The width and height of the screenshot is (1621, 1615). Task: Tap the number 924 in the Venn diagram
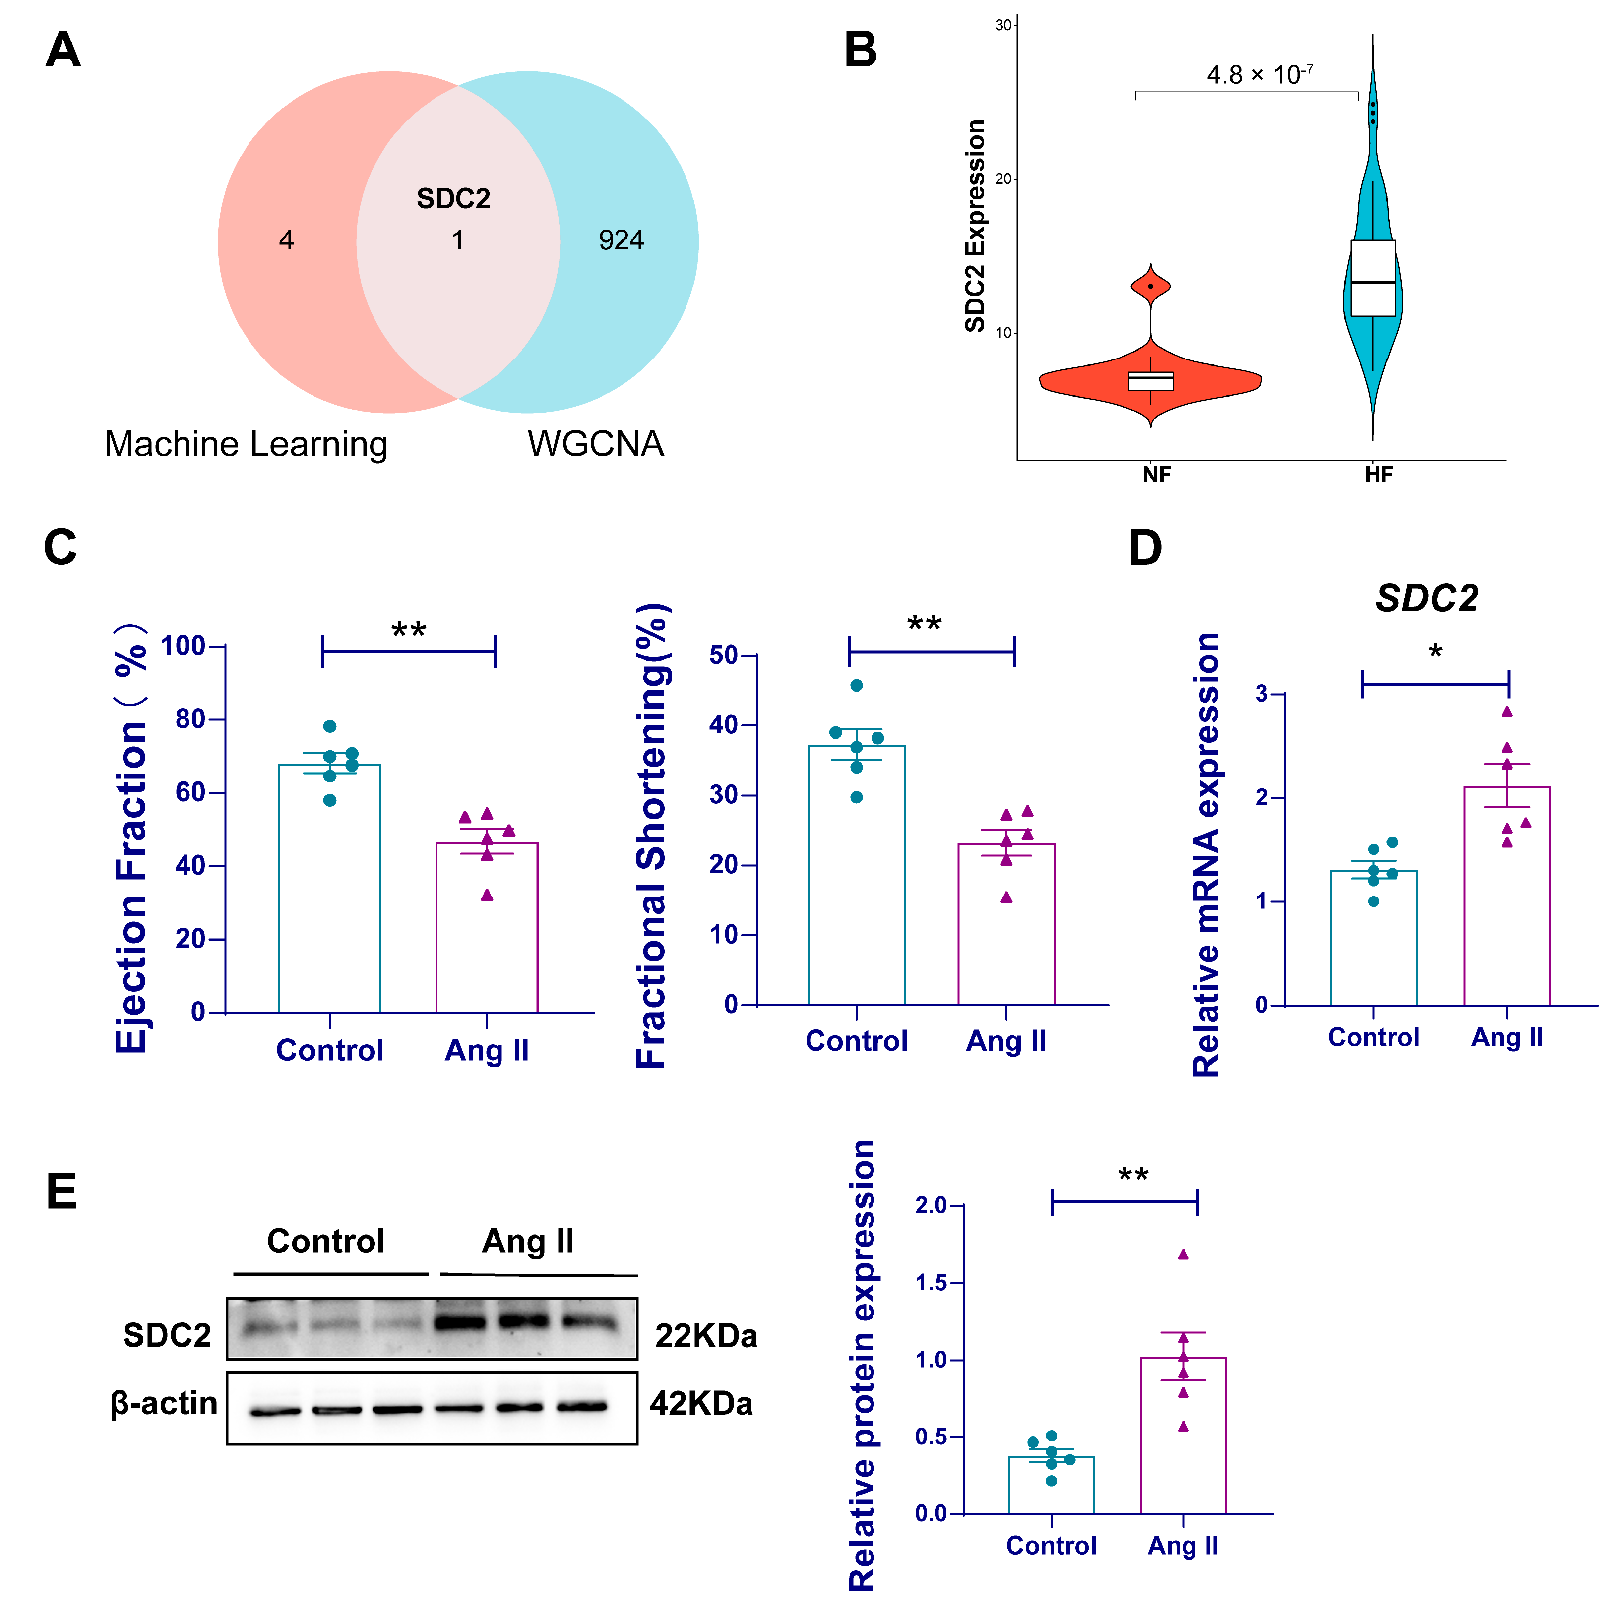coord(621,241)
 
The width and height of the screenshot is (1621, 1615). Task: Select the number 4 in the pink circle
coord(286,241)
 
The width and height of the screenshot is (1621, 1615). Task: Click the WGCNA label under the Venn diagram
coord(595,444)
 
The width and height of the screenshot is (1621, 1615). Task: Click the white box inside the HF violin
coord(1372,278)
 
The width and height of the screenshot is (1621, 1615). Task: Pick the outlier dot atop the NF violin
coord(1150,286)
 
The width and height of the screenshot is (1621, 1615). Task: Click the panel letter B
coord(860,51)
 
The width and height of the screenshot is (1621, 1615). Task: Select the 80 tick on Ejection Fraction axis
coord(190,719)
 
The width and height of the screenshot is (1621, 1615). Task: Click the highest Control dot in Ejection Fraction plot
coord(330,726)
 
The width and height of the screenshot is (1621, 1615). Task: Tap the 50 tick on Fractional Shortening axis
coord(723,655)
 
